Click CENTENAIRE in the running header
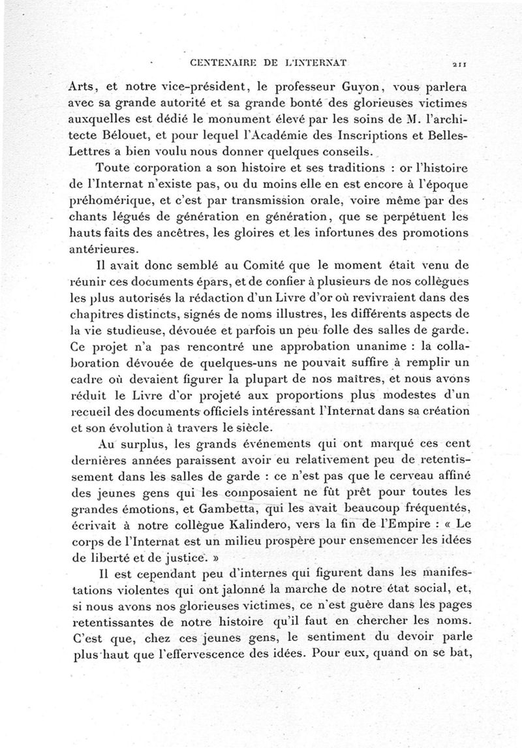[209, 63]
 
